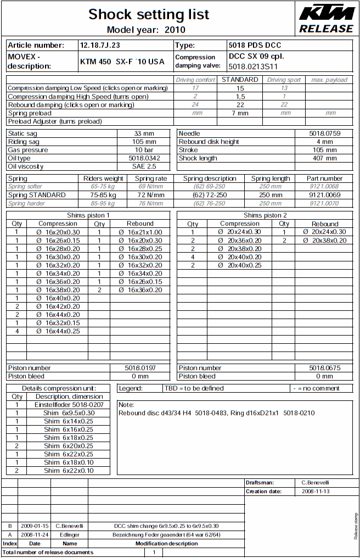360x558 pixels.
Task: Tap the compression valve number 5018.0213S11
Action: [254, 66]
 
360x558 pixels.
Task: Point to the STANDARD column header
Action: [240, 80]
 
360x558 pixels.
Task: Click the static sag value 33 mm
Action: [144, 133]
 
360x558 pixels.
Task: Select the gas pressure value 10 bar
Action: [144, 150]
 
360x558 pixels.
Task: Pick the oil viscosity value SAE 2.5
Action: [144, 166]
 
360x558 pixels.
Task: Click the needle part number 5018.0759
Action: [325, 133]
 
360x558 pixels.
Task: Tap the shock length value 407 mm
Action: [325, 158]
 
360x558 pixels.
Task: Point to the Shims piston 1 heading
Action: [88, 215]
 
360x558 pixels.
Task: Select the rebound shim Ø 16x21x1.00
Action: [140, 232]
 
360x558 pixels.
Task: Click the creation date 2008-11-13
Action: [316, 492]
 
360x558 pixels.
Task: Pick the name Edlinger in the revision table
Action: [70, 534]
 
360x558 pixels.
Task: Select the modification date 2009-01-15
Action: [35, 526]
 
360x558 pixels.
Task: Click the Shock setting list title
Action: [149, 14]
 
